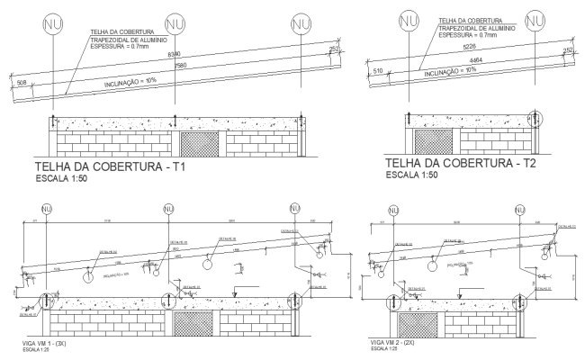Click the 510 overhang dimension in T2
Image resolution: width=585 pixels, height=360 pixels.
377,70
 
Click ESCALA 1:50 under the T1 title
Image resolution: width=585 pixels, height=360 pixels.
67,181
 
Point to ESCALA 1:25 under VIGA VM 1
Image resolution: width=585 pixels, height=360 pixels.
39,351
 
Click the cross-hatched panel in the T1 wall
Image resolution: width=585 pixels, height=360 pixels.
200,144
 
